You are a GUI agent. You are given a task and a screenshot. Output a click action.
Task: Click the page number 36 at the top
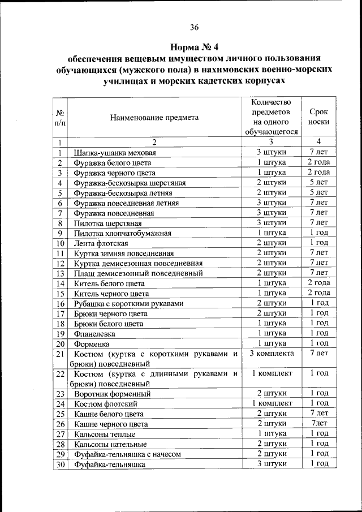(x=194, y=27)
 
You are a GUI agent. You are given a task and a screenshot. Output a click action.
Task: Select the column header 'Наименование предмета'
(x=154, y=118)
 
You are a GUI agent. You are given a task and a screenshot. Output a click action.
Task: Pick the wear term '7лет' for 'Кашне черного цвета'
(x=319, y=423)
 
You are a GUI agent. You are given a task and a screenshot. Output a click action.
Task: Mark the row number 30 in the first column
(x=59, y=464)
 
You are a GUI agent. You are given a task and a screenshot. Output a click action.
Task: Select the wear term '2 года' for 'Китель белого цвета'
(x=319, y=283)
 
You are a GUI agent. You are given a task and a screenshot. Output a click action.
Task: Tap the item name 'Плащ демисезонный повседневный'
(x=138, y=273)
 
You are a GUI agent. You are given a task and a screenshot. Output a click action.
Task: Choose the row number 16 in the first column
(x=59, y=304)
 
